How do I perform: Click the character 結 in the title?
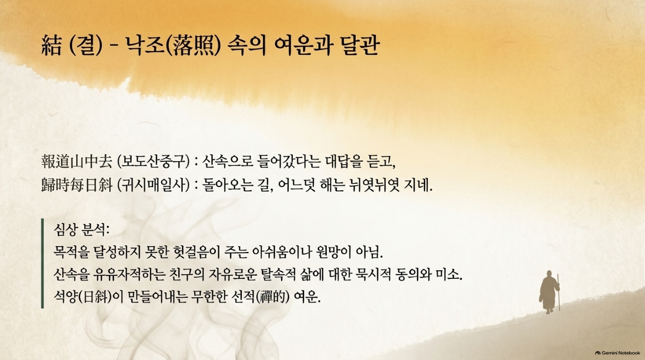(x=52, y=46)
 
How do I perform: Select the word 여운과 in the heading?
(x=304, y=46)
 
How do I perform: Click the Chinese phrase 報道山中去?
(x=77, y=161)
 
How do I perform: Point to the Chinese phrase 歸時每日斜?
(x=77, y=185)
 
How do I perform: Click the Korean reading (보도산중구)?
(x=154, y=161)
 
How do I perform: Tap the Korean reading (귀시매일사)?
(x=154, y=185)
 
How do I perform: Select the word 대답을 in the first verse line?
(x=343, y=161)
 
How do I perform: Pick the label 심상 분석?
(x=82, y=229)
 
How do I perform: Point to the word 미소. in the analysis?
(x=449, y=275)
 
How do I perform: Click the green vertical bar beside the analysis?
(x=42, y=263)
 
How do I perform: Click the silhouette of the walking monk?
(x=549, y=292)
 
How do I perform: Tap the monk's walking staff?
(x=558, y=292)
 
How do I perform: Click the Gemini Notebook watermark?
(x=618, y=353)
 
